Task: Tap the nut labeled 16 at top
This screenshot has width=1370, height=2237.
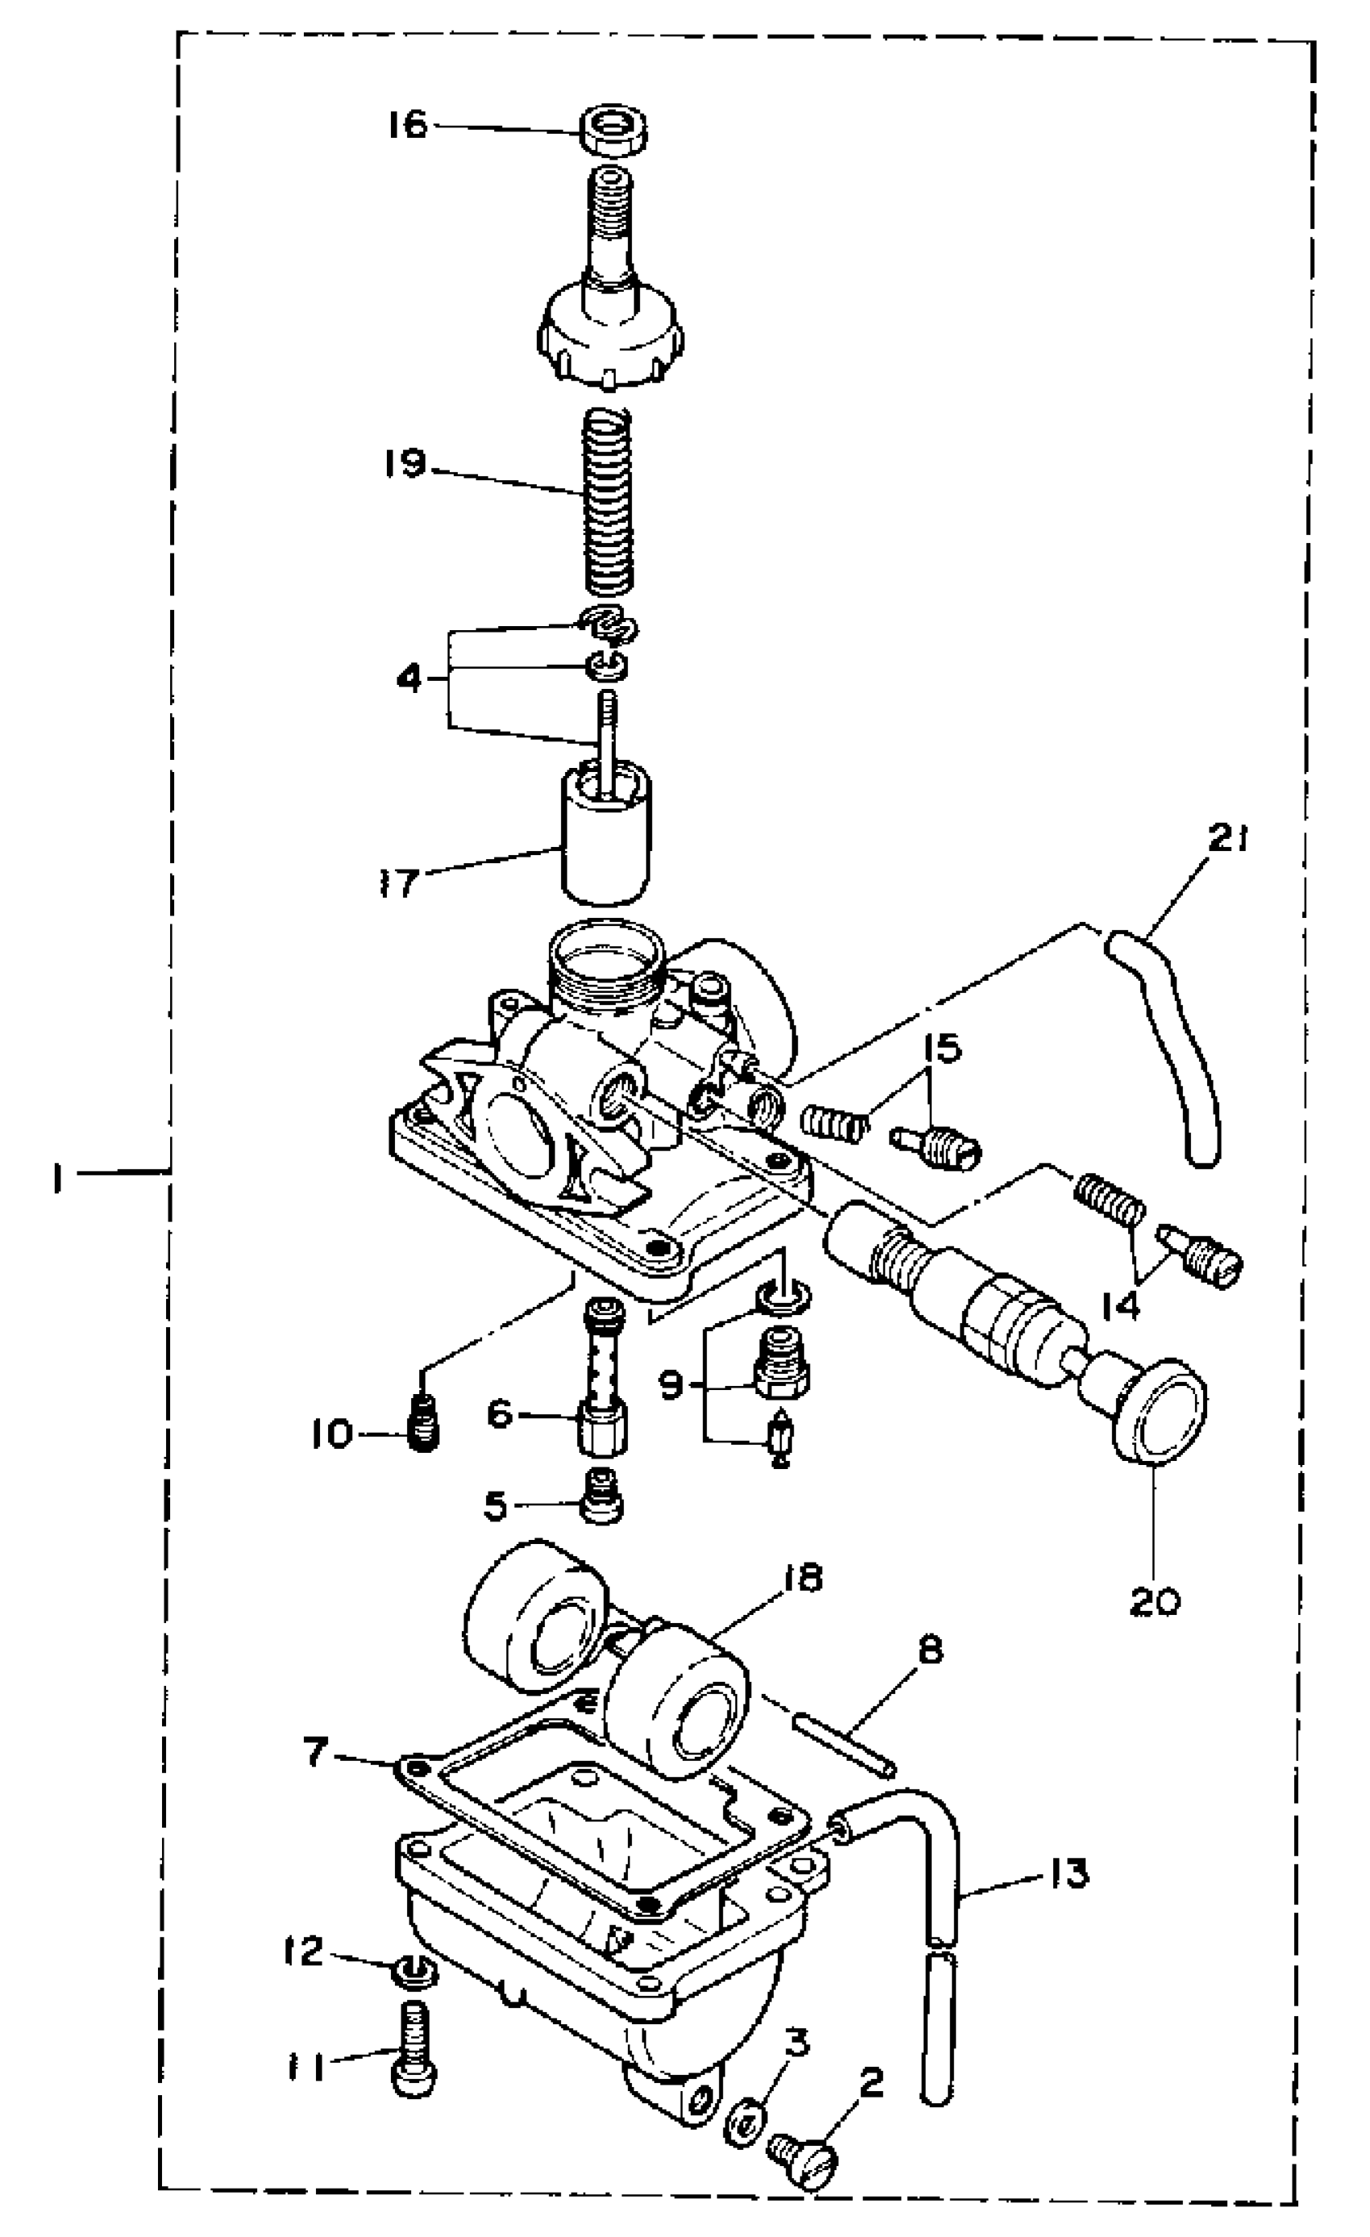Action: (x=615, y=130)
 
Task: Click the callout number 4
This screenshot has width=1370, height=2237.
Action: (x=410, y=677)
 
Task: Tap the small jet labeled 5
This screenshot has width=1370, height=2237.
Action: (x=602, y=1507)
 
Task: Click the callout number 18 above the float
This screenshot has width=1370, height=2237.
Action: (x=799, y=1577)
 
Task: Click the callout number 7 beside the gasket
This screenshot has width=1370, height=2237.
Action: (x=315, y=1752)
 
